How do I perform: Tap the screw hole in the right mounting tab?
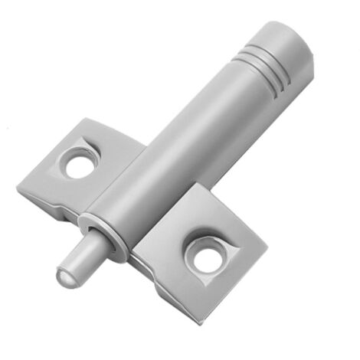(x=208, y=257)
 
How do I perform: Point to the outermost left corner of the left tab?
(x=18, y=186)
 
